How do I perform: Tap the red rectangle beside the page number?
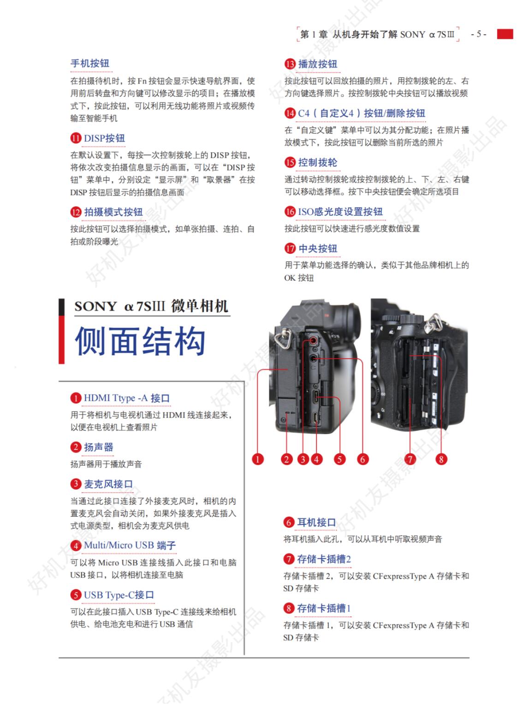click(x=505, y=34)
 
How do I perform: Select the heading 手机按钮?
click(x=89, y=64)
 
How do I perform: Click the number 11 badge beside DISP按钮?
click(x=76, y=138)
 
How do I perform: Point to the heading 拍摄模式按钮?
click(x=113, y=212)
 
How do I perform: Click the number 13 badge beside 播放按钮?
click(x=290, y=64)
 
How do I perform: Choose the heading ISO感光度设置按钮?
click(x=340, y=212)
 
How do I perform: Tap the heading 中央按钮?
click(x=317, y=249)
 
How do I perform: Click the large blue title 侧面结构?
click(x=140, y=341)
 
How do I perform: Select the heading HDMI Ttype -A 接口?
click(x=127, y=398)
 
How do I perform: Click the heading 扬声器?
click(x=98, y=447)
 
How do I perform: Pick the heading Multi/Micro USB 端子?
click(x=130, y=545)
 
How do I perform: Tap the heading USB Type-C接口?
click(x=119, y=595)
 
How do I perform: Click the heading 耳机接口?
click(x=316, y=522)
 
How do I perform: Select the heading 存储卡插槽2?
click(x=324, y=559)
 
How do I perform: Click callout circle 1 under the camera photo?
click(x=257, y=459)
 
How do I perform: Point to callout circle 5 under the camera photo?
click(x=339, y=459)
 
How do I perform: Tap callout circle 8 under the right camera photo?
click(x=441, y=459)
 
